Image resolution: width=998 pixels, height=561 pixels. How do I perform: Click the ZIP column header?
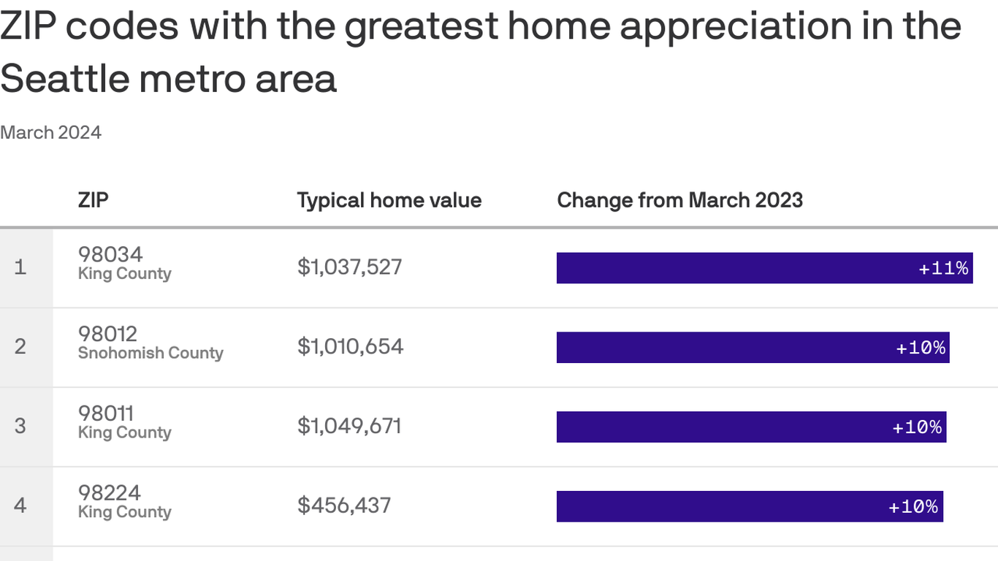(93, 200)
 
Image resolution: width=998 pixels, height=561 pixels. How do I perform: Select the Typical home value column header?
(389, 200)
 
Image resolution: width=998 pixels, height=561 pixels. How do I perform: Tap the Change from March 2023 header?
(679, 200)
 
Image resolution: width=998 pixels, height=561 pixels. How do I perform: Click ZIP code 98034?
(110, 254)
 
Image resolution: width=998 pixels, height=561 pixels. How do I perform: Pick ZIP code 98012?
(107, 334)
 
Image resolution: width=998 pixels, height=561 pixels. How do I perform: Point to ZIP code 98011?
(106, 413)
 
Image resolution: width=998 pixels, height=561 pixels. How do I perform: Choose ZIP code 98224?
(110, 493)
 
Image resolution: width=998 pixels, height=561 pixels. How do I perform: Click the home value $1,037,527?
(349, 267)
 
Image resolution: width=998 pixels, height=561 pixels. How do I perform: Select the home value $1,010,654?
(350, 346)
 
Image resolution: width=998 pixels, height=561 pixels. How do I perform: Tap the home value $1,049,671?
(349, 426)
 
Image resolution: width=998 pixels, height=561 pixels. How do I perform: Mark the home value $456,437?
(344, 505)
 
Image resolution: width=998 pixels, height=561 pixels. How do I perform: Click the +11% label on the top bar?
(943, 268)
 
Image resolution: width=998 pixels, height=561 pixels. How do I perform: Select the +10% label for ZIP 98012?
(921, 348)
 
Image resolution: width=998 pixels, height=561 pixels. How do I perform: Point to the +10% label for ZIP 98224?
(913, 507)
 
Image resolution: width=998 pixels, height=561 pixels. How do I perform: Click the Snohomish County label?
(151, 354)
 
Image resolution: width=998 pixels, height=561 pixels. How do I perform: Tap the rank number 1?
(20, 267)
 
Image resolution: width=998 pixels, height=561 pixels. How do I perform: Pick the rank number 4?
(20, 505)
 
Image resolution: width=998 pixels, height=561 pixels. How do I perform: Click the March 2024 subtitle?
(50, 132)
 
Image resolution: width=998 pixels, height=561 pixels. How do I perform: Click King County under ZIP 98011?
(124, 432)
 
